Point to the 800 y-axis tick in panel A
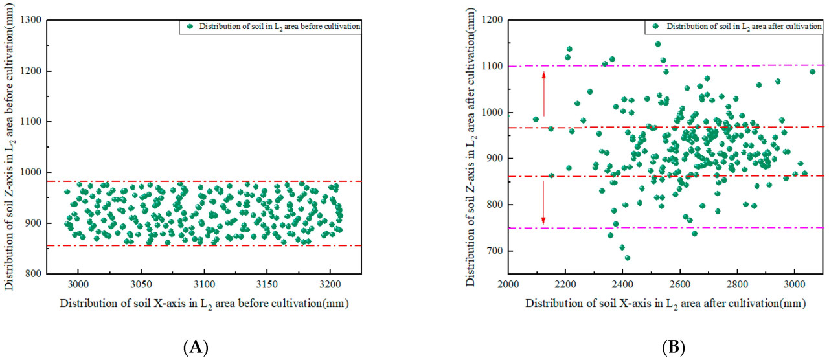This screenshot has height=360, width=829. [x=35, y=274]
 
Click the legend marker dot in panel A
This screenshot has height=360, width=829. [x=190, y=27]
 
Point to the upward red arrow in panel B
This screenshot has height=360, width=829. [x=543, y=94]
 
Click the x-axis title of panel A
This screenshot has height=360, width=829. [x=206, y=304]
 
